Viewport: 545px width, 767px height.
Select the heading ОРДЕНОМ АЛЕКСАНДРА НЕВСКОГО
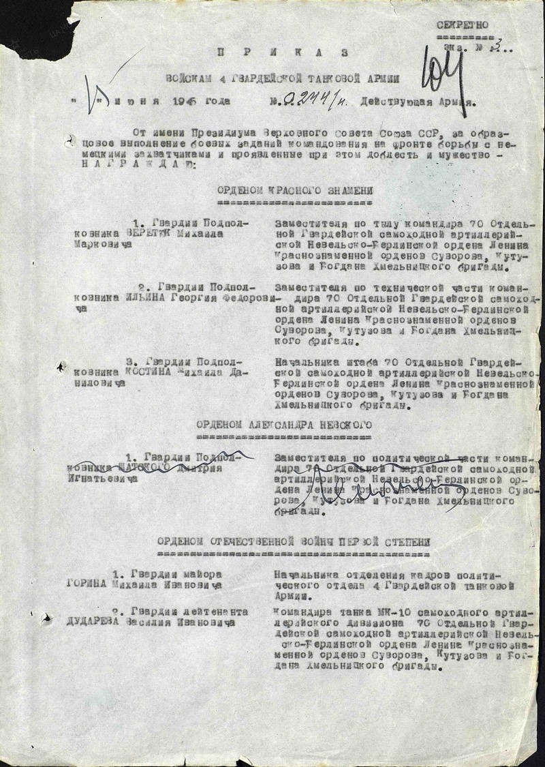tap(285, 424)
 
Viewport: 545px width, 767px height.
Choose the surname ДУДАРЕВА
tap(94, 622)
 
